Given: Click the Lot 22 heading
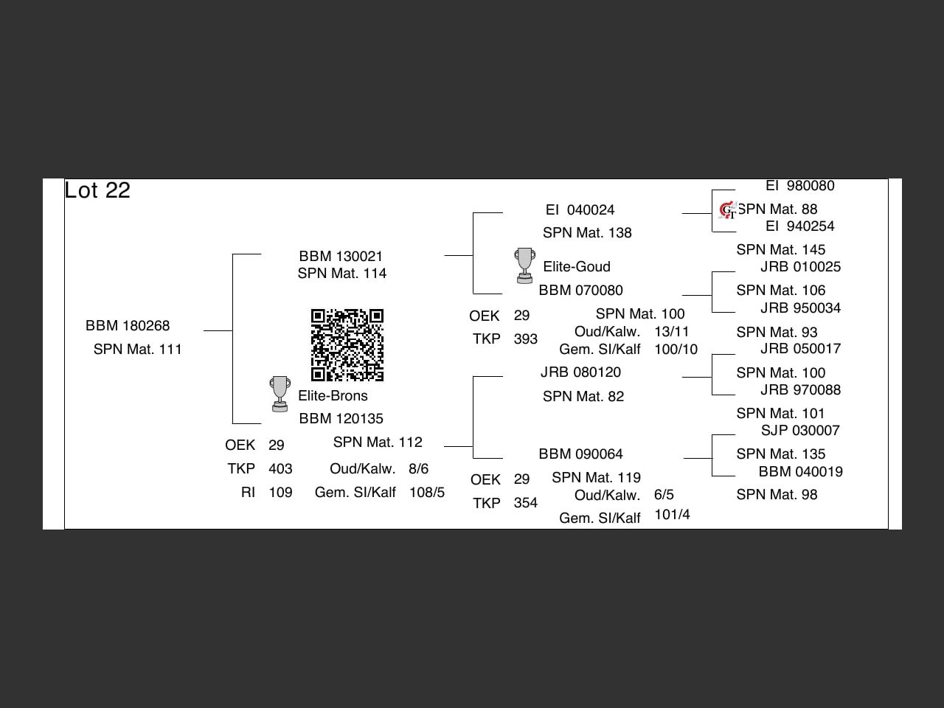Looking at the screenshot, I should [x=97, y=190].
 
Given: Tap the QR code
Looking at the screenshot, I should [x=347, y=345].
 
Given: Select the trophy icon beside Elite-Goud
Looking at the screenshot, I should [x=524, y=265].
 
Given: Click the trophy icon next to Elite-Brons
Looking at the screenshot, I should [x=280, y=394].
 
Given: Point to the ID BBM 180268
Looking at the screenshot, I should [x=128, y=326].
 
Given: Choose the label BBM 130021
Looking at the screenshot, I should [x=341, y=257].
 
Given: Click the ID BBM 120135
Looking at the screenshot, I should [x=341, y=419].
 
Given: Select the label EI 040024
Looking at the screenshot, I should [x=580, y=210].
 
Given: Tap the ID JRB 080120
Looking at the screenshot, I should [x=580, y=372].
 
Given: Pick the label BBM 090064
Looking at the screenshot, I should [x=580, y=454].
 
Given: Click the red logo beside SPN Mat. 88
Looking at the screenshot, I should [x=727, y=210].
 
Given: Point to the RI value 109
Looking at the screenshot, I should [x=280, y=493].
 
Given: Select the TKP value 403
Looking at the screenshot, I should [x=280, y=469].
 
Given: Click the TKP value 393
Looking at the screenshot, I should [x=525, y=339].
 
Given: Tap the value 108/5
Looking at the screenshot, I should [x=427, y=493].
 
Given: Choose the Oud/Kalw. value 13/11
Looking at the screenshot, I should [x=671, y=332].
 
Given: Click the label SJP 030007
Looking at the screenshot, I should [x=800, y=431].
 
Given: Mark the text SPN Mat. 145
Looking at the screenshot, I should [x=780, y=250].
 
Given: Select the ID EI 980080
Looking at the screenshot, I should [x=799, y=186].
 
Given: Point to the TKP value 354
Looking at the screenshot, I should [x=525, y=503].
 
